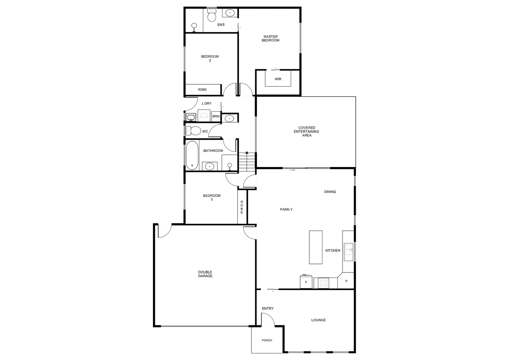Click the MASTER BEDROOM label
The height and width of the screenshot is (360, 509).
pos(270,39)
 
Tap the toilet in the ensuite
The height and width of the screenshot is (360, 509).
pos(212,15)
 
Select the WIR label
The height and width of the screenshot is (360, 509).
pos(278,79)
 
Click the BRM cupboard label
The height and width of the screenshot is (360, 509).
pos(216,116)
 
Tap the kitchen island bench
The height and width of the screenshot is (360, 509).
pos(315,247)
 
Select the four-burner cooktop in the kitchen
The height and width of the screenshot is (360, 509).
pos(323,283)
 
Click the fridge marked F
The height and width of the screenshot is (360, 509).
pos(306,282)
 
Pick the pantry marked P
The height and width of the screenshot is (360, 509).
pos(346,281)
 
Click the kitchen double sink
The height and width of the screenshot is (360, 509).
pos(348,251)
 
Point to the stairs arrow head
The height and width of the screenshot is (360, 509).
pos(247,153)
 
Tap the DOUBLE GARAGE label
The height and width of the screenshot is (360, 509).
pos(205,274)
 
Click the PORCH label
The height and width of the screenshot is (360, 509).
pos(267,340)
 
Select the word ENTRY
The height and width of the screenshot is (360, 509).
pos(267,309)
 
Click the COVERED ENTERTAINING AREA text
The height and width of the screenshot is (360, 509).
pos(306,132)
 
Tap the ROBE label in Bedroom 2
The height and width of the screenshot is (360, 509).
pos(202,90)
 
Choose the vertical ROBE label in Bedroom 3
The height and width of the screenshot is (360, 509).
pos(242,207)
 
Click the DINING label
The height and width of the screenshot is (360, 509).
pos(330,192)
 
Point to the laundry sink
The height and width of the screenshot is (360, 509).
pos(191,117)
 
